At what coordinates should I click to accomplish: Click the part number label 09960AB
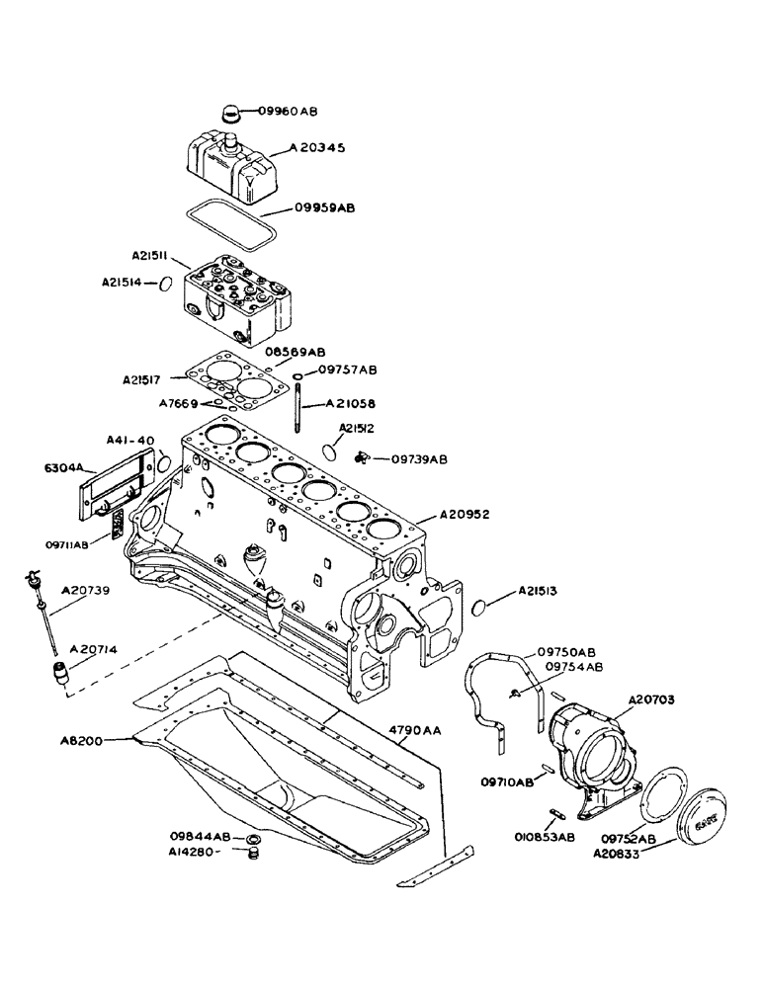[x=288, y=112]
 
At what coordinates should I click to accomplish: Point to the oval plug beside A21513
[x=480, y=607]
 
